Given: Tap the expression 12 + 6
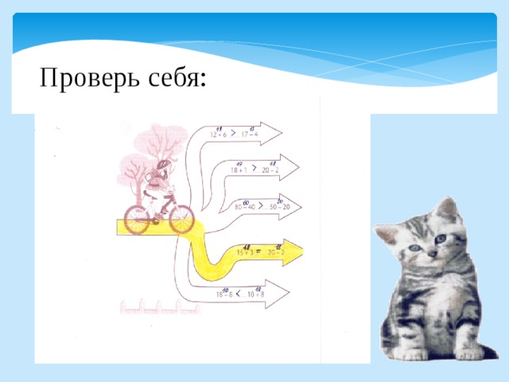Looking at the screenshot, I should click(x=218, y=134).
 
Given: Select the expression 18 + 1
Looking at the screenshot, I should click(x=238, y=170).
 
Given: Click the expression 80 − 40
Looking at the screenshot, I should click(x=245, y=208).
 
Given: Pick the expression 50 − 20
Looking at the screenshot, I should click(x=279, y=208).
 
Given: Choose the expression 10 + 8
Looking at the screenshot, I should click(x=257, y=294).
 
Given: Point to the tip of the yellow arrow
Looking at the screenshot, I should click(x=302, y=251).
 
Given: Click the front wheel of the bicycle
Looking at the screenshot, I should click(x=181, y=216).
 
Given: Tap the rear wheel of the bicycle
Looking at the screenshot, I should click(x=137, y=216).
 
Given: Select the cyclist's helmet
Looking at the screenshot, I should click(x=163, y=166).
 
